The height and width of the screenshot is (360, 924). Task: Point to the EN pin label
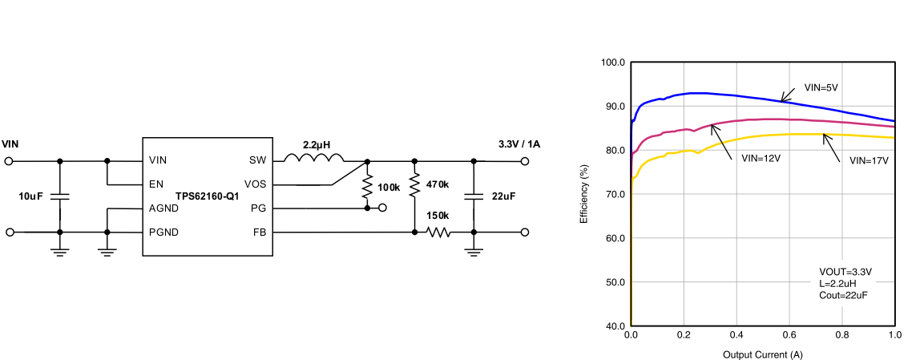pos(156,184)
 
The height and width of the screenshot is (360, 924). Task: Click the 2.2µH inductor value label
pos(317,145)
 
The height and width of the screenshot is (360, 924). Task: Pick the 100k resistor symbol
pos(367,188)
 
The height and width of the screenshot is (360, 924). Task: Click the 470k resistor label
pos(438,184)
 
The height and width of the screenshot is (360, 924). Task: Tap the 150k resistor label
pos(438,216)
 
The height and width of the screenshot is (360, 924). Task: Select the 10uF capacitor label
pos(33,196)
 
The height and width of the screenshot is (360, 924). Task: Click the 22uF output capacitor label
pos(503,196)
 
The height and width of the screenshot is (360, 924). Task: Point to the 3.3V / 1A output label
pos(519,144)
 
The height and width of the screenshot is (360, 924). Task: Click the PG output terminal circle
pos(382,208)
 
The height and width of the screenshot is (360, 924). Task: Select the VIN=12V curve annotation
pos(761,159)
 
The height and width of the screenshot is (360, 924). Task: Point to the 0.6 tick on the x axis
pos(789,334)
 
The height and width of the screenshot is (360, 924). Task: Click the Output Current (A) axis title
pos(762,354)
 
